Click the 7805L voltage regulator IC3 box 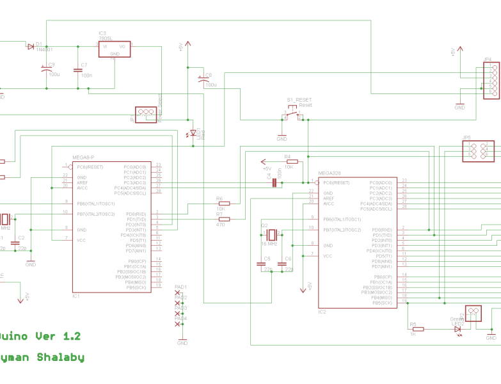(x=115, y=49)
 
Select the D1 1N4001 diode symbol (x=31, y=46)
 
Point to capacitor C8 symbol (x=204, y=79)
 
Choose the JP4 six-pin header (x=491, y=79)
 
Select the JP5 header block (x=478, y=150)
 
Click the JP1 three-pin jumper (x=146, y=114)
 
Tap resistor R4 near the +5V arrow (x=292, y=161)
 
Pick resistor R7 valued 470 (x=224, y=219)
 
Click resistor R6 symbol (x=224, y=204)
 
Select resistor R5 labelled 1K (x=418, y=329)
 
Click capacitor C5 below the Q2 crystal (x=261, y=263)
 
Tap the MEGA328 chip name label (x=331, y=173)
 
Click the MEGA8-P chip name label (x=83, y=157)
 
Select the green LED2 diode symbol (x=457, y=329)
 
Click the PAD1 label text (x=180, y=287)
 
